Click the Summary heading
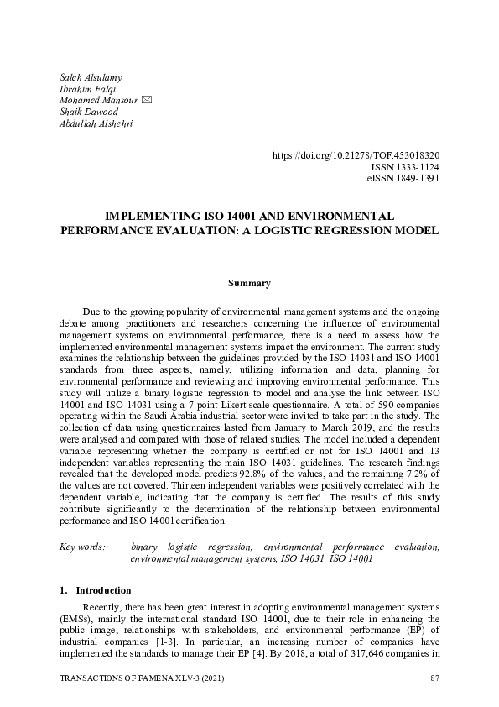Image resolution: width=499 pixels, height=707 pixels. (x=249, y=284)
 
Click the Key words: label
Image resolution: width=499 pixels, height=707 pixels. (x=83, y=547)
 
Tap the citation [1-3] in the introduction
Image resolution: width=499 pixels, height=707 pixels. (x=205, y=638)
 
